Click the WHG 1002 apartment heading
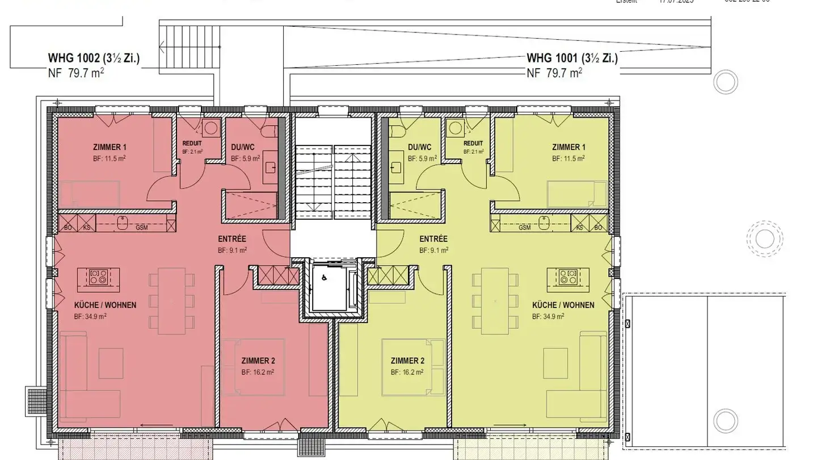point(94,58)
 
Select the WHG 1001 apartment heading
point(572,58)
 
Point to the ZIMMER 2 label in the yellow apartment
point(407,361)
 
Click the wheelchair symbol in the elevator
point(324,278)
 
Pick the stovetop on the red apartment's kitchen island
point(98,277)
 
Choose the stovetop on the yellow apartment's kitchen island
point(567,277)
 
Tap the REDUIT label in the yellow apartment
point(473,144)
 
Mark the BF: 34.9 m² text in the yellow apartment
point(548,316)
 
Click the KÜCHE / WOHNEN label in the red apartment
point(105,305)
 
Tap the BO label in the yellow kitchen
point(597,227)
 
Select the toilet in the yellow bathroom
point(398,131)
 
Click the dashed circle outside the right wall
point(764,238)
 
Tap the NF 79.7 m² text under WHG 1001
point(554,73)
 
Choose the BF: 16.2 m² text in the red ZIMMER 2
point(257,373)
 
